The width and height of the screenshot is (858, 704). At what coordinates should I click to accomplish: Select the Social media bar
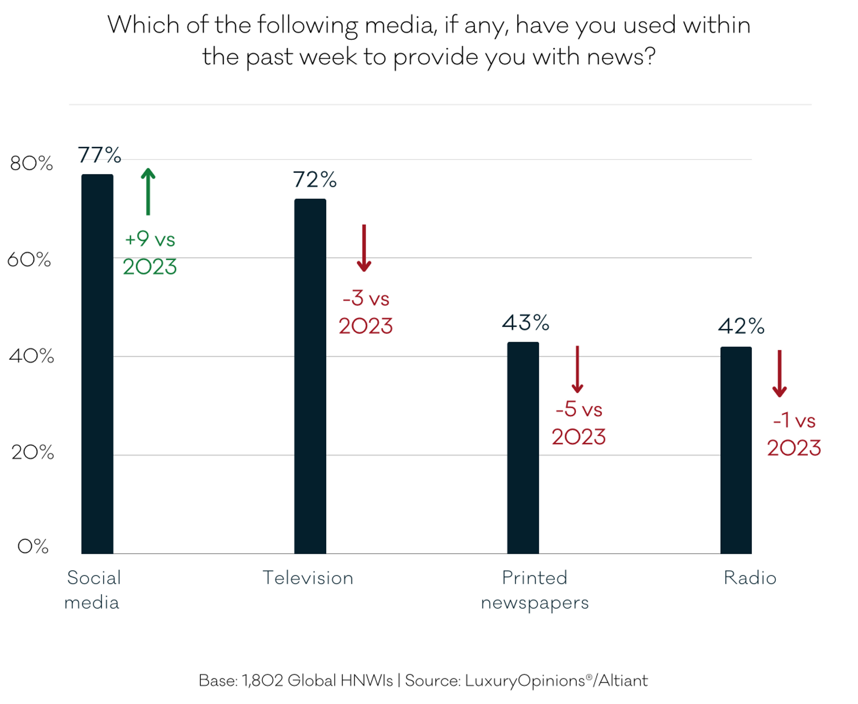pyautogui.click(x=97, y=364)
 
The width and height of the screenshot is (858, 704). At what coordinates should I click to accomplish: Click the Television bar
pyautogui.click(x=310, y=375)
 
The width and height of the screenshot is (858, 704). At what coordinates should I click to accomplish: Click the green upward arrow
pyautogui.click(x=148, y=191)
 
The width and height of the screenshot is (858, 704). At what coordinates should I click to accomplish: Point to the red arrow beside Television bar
pyautogui.click(x=364, y=248)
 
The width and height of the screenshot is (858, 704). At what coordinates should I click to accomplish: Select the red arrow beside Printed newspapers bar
pyautogui.click(x=577, y=369)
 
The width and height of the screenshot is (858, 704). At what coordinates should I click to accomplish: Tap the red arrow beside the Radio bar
pyautogui.click(x=779, y=374)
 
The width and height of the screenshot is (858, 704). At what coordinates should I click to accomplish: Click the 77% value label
pyautogui.click(x=99, y=155)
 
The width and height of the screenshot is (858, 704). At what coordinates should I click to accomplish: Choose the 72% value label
pyautogui.click(x=314, y=179)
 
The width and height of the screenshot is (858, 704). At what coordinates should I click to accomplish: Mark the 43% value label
pyautogui.click(x=525, y=323)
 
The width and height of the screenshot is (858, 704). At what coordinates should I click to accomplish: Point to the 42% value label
pyautogui.click(x=741, y=326)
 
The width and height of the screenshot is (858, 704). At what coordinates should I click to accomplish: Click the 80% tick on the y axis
pyautogui.click(x=31, y=163)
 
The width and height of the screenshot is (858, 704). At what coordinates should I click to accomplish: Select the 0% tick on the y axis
pyautogui.click(x=33, y=546)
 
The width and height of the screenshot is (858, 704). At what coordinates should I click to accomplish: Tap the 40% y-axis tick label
pyautogui.click(x=31, y=356)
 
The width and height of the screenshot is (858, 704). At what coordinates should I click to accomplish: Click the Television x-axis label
pyautogui.click(x=307, y=578)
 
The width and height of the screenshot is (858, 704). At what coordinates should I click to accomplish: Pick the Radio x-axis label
pyautogui.click(x=750, y=578)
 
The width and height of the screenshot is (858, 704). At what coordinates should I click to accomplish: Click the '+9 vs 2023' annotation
pyautogui.click(x=150, y=253)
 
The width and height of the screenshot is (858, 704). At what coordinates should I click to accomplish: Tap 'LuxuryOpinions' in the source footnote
pyautogui.click(x=525, y=681)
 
